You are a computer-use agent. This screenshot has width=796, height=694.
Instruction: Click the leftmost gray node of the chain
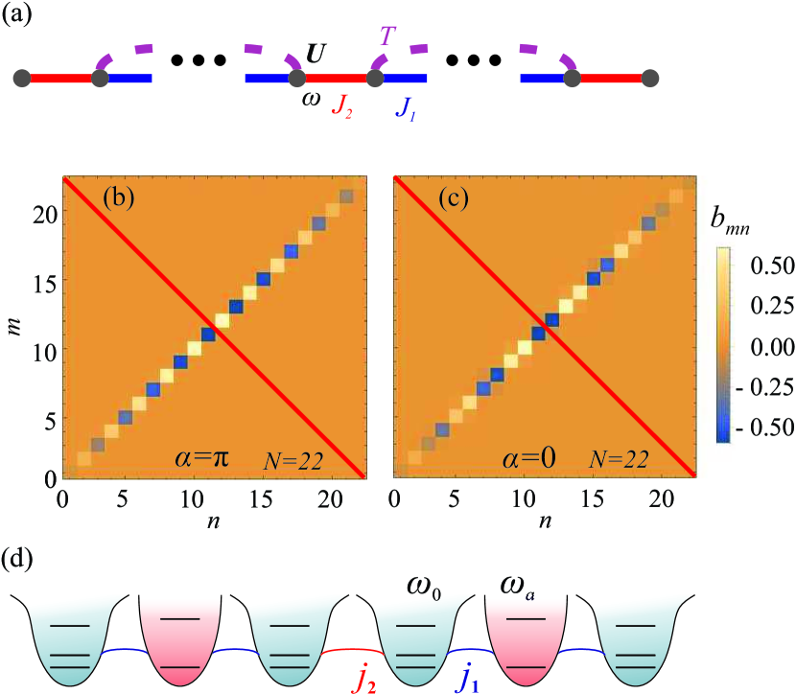21,77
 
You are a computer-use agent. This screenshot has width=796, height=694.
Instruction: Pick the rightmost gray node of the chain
649,77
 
